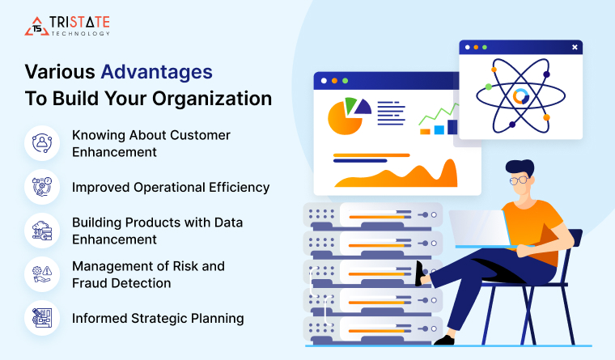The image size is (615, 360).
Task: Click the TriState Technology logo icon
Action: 36,26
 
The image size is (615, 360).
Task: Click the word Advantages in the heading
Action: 156,71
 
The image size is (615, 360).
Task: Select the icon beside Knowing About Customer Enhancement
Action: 42,143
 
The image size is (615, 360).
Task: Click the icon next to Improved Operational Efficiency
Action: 42,187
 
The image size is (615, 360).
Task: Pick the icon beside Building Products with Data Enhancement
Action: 42,231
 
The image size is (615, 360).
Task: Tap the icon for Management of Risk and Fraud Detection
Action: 42,274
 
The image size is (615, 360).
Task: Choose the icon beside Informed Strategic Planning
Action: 42,318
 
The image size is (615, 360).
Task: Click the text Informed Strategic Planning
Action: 158,318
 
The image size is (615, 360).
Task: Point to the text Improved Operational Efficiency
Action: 171,187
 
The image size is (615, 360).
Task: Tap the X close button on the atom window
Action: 575,48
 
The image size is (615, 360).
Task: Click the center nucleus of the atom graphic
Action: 520,96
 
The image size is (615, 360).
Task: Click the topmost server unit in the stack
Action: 373,215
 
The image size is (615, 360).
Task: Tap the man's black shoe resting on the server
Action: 419,273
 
